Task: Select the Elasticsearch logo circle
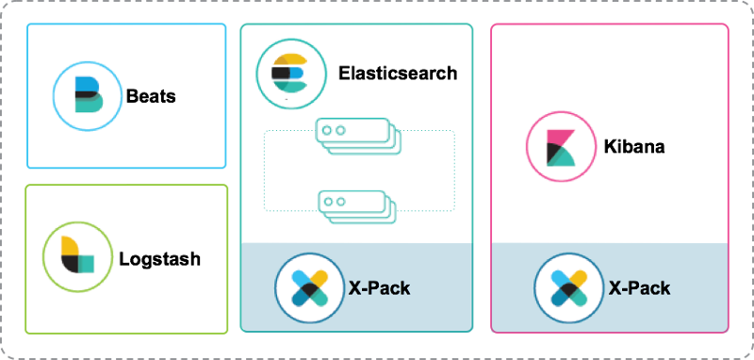[x=291, y=75]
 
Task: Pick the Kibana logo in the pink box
[x=561, y=146]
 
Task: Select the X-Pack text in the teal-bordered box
[x=379, y=287]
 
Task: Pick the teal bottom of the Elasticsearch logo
[x=294, y=88]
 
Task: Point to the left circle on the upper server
[x=326, y=126]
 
